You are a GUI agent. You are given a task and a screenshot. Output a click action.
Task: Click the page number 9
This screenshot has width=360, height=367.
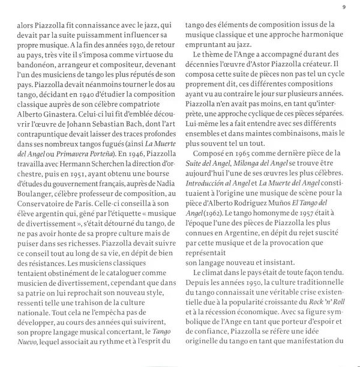tap(344, 7)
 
